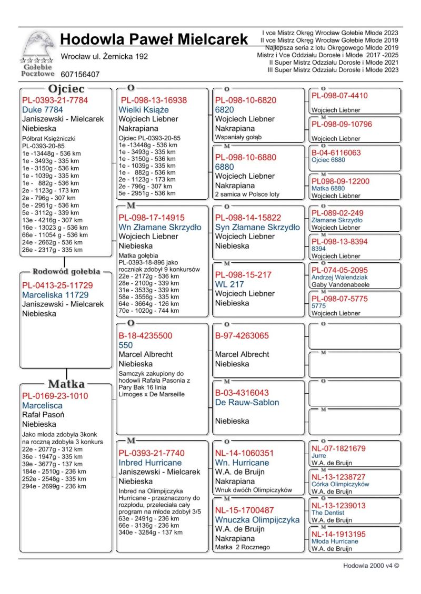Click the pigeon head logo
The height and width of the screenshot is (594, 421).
tap(37, 46)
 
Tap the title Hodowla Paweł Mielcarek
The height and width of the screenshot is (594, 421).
tap(154, 39)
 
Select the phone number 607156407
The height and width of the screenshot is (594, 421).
tap(80, 75)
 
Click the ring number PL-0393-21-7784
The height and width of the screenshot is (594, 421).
tap(55, 100)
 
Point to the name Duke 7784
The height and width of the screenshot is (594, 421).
tap(43, 110)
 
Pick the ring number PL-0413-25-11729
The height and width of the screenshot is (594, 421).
tap(57, 285)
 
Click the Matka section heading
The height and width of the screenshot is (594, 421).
tap(66, 384)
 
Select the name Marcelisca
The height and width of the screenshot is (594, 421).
tap(42, 405)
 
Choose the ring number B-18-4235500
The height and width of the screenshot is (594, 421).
tap(145, 335)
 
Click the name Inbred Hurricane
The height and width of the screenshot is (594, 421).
tap(150, 463)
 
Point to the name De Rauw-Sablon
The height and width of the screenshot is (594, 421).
tap(247, 402)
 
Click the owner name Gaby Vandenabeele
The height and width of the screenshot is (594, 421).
tap(340, 285)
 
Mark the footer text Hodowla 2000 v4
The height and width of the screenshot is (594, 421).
tap(370, 566)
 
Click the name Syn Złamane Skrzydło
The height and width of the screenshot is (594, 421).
tap(257, 227)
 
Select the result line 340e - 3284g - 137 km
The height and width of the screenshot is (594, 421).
tap(151, 532)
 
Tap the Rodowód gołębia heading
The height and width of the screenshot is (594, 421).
tap(66, 272)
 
